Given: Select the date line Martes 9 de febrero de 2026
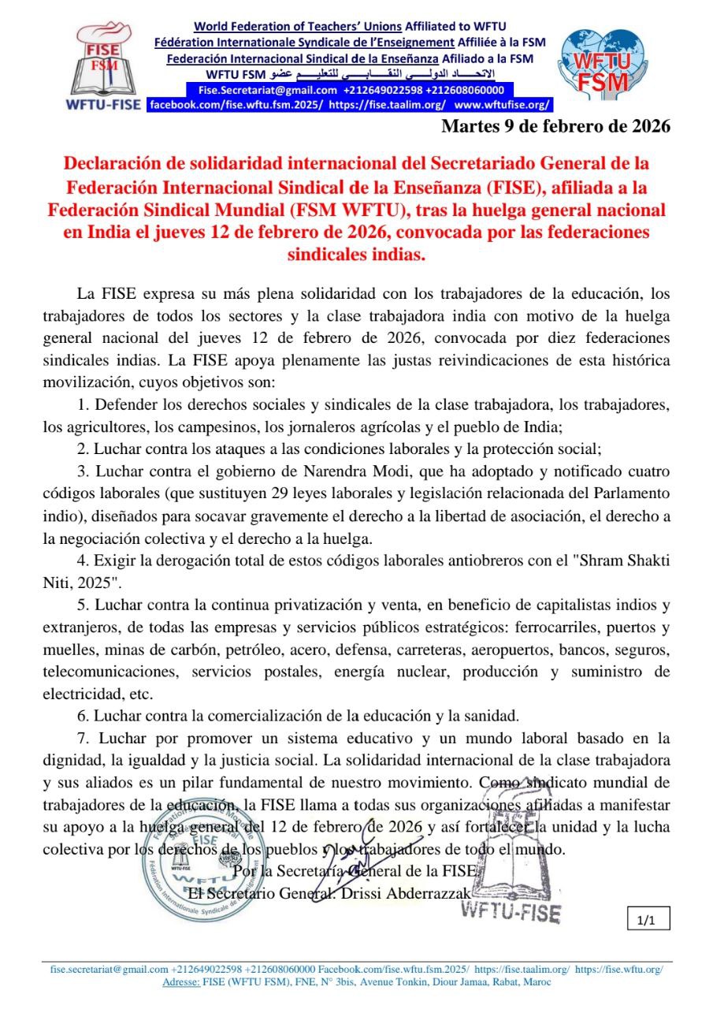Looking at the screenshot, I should point(555,126).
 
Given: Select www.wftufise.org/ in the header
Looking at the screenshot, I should point(503,104).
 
